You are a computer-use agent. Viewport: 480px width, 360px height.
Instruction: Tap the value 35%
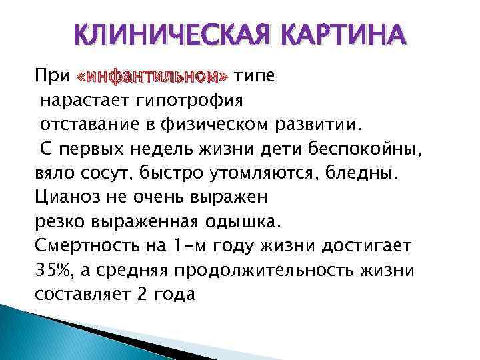coord(52,269)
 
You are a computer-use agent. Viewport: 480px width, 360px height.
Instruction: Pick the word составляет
coord(83,294)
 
